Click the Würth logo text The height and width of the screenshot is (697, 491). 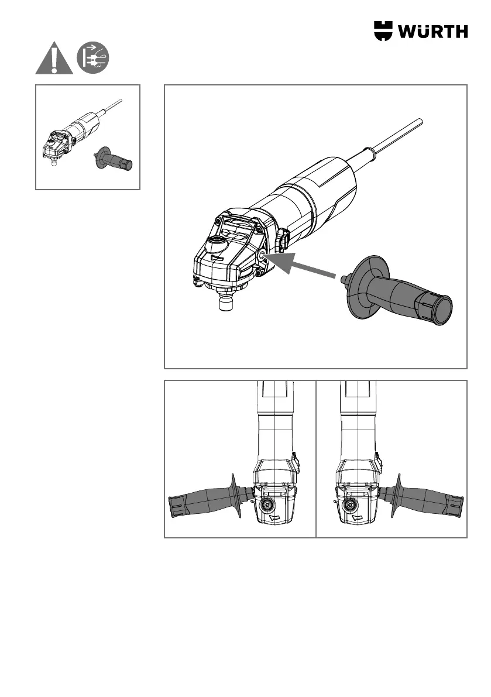coord(434,31)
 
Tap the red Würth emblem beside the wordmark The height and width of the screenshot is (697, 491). coord(385,31)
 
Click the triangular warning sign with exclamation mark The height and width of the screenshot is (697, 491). coord(54,59)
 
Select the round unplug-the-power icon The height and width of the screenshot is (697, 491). coord(94,59)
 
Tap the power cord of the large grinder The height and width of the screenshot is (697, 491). coord(398,138)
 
